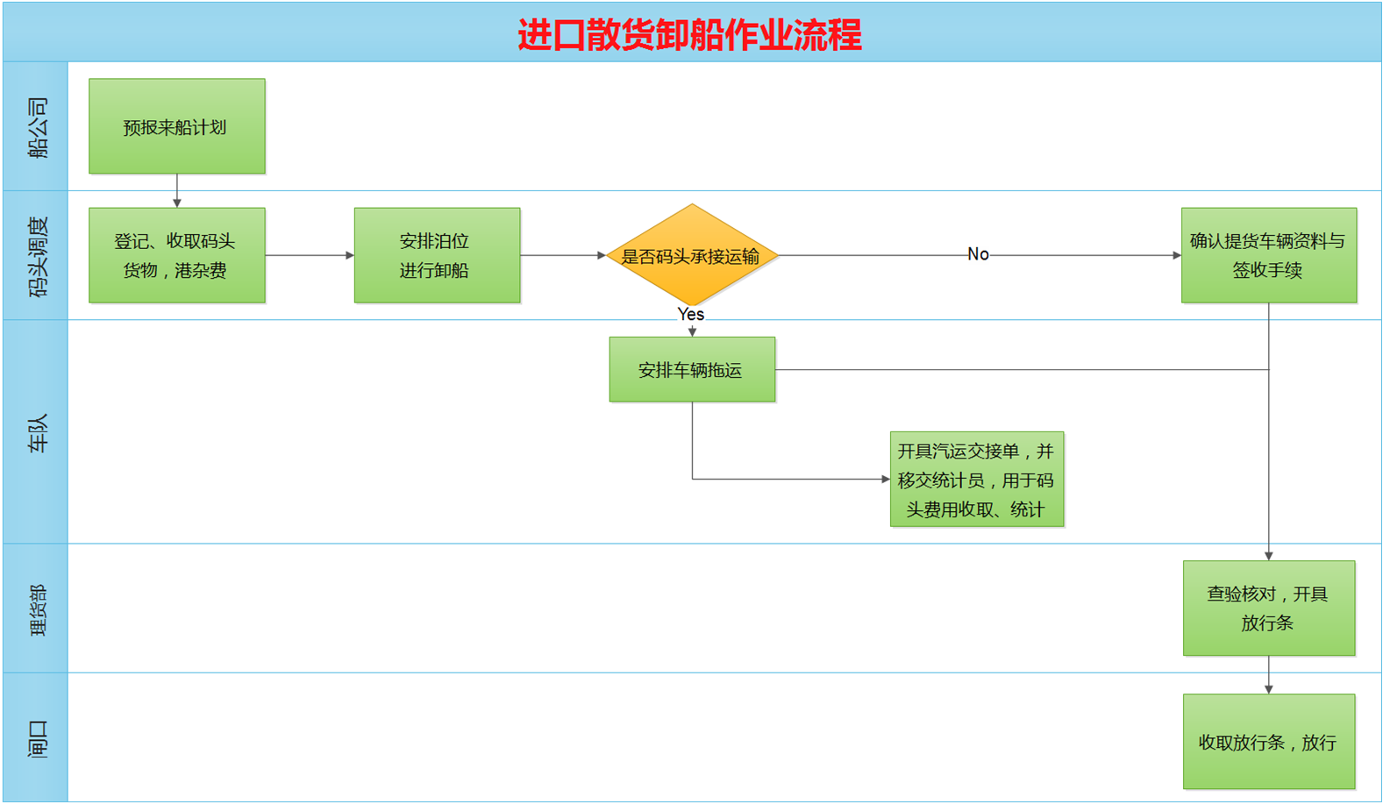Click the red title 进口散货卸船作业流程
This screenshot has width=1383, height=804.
coord(690,35)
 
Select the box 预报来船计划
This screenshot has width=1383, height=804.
coord(176,126)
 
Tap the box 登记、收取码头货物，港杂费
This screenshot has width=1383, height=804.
coord(176,255)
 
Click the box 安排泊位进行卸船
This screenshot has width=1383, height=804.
coord(437,255)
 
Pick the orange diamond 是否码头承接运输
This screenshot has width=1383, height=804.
coord(691,256)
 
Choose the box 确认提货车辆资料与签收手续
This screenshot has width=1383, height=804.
coord(1268,255)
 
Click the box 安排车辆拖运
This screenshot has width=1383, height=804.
coord(692,370)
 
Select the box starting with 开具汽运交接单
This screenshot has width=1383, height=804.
coord(976,480)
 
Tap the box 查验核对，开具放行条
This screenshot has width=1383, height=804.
coord(1268,608)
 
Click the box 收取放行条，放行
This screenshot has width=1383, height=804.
coord(1268,742)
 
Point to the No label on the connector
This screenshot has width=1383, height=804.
coord(978,254)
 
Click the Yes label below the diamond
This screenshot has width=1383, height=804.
coord(691,314)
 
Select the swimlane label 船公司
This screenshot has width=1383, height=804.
coord(37,127)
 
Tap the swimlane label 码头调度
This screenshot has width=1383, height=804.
coord(37,256)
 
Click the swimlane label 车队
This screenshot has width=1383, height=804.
coord(37,433)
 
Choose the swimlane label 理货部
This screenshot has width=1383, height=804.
coord(37,609)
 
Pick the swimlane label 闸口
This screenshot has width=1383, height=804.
coord(37,738)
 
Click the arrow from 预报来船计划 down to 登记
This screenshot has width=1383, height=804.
coord(177,190)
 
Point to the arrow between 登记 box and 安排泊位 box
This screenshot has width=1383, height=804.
coord(310,255)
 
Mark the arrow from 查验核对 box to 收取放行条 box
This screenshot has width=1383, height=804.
coord(1268,675)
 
